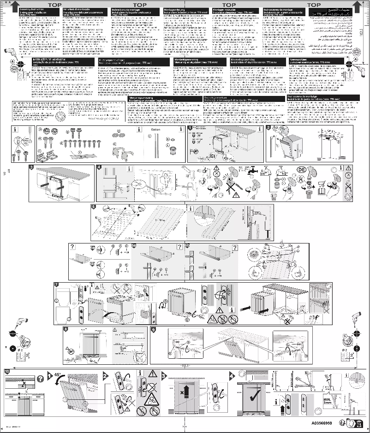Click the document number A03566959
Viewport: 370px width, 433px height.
321,421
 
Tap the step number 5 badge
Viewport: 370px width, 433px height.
94,207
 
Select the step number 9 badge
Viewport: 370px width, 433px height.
153,330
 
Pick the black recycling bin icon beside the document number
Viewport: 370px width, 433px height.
351,422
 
